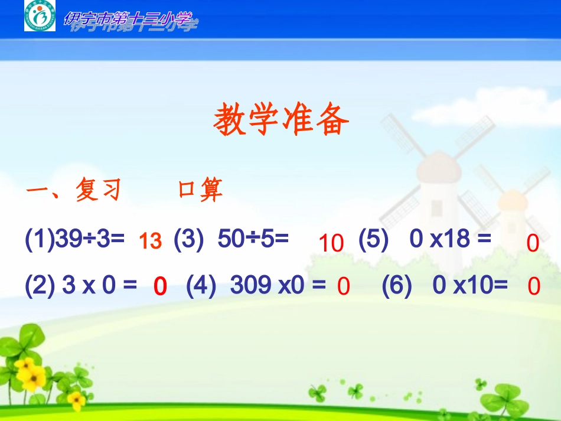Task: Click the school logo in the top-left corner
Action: tap(40, 16)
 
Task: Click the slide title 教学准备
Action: tap(281, 120)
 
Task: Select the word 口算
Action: tap(200, 190)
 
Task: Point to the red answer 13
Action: tap(150, 241)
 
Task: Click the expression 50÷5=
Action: tap(253, 240)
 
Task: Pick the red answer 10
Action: tap(331, 243)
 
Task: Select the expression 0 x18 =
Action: tap(450, 240)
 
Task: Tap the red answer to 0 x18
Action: tap(533, 243)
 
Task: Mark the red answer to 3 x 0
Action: tap(160, 287)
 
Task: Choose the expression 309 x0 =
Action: tap(278, 286)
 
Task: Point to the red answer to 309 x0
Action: tap(344, 287)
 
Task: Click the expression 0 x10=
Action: tap(470, 286)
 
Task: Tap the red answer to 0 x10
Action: tap(534, 287)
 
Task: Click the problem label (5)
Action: tap(373, 240)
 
